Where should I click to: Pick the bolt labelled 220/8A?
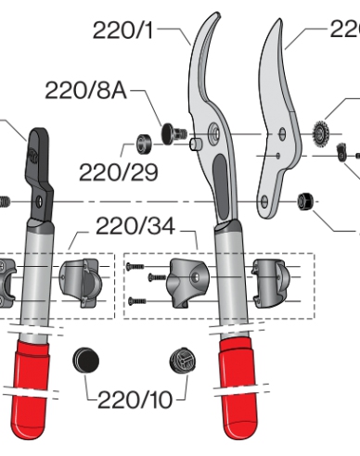click(x=170, y=133)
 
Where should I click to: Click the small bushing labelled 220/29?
click(x=143, y=146)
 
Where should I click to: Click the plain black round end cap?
click(x=86, y=358)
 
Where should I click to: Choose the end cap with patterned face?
click(x=180, y=361)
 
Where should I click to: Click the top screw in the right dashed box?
click(x=136, y=266)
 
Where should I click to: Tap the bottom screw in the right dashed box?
click(x=136, y=299)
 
